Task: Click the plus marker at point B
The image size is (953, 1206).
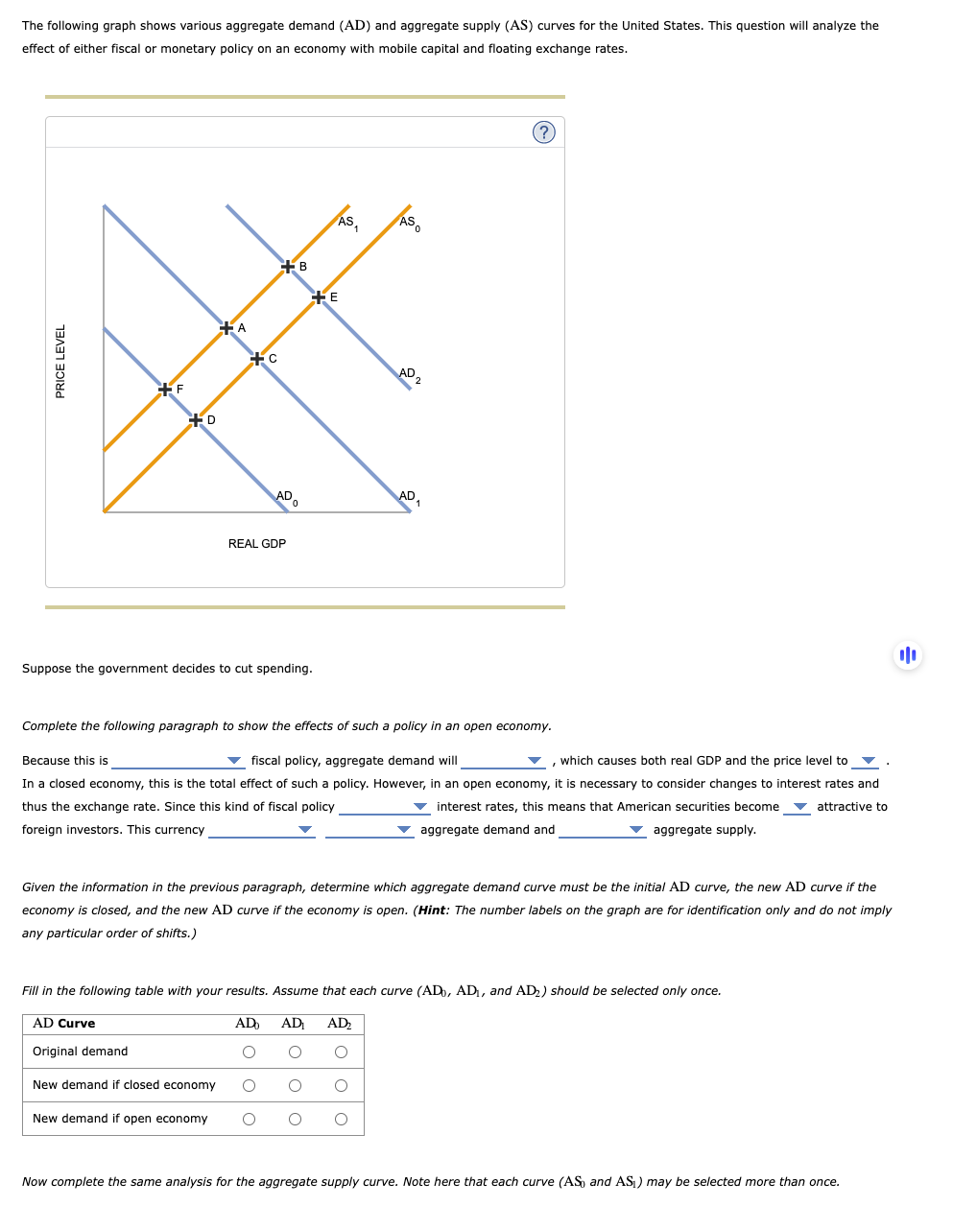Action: click(288, 266)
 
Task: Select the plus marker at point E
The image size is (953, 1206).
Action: click(319, 296)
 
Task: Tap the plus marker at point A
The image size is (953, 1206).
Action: click(226, 327)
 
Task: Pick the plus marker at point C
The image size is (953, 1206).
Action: click(257, 358)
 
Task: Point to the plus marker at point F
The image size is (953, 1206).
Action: click(165, 389)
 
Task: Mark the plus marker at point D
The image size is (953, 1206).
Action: click(196, 419)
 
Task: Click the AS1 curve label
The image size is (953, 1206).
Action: click(347, 222)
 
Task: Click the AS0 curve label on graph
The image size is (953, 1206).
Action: click(409, 223)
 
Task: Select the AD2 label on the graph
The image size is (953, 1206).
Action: click(409, 374)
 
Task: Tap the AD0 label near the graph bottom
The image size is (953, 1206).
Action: click(286, 497)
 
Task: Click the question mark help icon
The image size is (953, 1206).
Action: click(543, 132)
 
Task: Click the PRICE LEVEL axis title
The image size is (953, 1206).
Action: click(60, 361)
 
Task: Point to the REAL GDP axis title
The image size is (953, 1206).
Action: click(256, 544)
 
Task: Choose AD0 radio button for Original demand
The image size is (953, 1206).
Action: click(249, 1052)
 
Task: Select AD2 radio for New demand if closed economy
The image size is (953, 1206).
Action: click(341, 1085)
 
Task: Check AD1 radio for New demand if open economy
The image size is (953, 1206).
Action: click(295, 1119)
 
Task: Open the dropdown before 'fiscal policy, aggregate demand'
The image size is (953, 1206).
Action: click(178, 761)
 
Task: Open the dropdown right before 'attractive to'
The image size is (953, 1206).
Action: click(797, 807)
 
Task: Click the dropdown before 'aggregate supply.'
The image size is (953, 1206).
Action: click(602, 830)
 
